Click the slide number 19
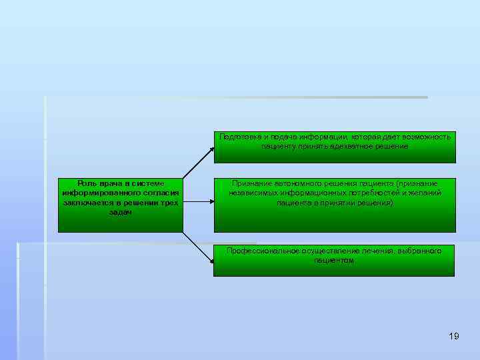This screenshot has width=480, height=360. pyautogui.click(x=454, y=336)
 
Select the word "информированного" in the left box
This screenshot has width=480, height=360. pyautogui.click(x=97, y=193)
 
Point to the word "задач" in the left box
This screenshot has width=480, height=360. pyautogui.click(x=120, y=211)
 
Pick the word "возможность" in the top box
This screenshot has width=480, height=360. pyautogui.click(x=425, y=137)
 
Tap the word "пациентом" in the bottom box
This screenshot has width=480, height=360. pyautogui.click(x=334, y=260)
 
